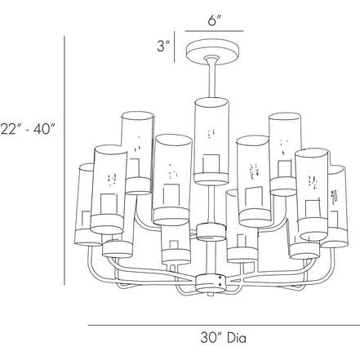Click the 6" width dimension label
tap(215, 20)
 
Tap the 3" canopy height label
tap(163, 46)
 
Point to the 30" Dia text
tap(223, 338)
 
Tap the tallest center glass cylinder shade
tap(211, 141)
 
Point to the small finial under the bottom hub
tap(210, 294)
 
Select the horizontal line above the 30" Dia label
tap(224, 325)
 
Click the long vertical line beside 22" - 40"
tap(64, 160)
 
